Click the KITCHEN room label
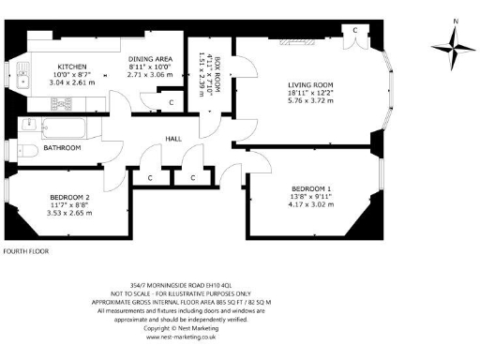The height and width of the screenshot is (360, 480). click(x=72, y=67)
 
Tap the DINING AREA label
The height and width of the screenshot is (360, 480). click(x=149, y=58)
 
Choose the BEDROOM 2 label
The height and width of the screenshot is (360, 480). click(x=68, y=196)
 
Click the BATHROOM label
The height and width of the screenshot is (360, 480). click(x=61, y=147)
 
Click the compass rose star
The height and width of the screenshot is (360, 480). click(x=454, y=45)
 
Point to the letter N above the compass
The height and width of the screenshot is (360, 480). click(x=454, y=20)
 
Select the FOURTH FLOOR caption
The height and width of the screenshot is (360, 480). click(x=25, y=251)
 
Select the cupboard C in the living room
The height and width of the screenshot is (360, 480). click(x=355, y=29)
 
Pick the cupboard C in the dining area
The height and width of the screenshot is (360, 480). click(x=171, y=101)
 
